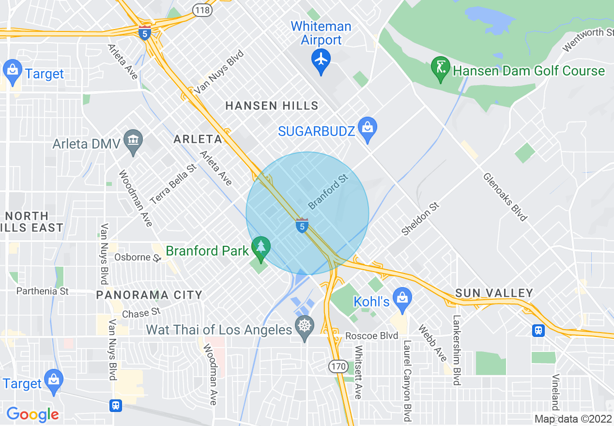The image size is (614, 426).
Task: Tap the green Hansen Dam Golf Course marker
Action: tap(441, 68)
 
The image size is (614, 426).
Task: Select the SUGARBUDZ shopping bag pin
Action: tap(368, 128)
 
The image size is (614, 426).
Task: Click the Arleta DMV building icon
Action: tap(132, 141)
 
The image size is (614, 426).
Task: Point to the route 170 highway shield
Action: tap(338, 366)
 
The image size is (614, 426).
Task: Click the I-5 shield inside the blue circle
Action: tap(302, 225)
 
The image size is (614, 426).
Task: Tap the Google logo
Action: tap(32, 414)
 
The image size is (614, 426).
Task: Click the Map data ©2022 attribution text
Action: tap(573, 419)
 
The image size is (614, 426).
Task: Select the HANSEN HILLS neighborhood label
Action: tap(272, 106)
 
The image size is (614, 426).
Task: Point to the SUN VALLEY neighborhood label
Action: tap(494, 293)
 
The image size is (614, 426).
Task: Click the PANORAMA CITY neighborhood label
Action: tap(149, 295)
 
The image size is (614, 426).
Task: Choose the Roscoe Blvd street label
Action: tap(371, 336)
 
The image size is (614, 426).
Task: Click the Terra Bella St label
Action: tap(173, 183)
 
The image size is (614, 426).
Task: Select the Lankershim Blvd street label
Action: tap(457, 350)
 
